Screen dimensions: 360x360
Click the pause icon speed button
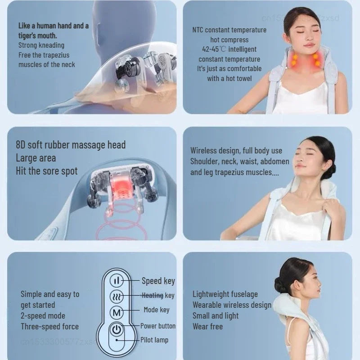click(117, 280)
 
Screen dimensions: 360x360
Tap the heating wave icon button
click(117, 296)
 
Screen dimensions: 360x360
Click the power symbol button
click(117, 329)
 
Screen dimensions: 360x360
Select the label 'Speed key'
click(158, 281)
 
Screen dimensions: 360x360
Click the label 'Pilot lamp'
click(154, 340)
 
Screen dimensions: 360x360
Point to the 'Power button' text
click(158, 326)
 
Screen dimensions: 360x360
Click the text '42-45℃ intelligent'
click(229, 49)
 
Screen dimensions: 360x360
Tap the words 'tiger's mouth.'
click(38, 35)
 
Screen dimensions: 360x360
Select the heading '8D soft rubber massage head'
click(71, 145)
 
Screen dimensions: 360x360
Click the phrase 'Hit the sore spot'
click(47, 171)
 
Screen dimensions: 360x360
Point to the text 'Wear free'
click(207, 327)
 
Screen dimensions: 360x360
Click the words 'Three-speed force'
click(49, 327)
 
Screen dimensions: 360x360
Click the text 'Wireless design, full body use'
click(236, 151)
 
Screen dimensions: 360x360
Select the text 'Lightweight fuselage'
click(225, 294)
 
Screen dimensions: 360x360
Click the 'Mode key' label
click(157, 310)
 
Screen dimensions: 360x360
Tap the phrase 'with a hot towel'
click(229, 79)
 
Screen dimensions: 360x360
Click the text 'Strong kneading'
click(41, 45)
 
